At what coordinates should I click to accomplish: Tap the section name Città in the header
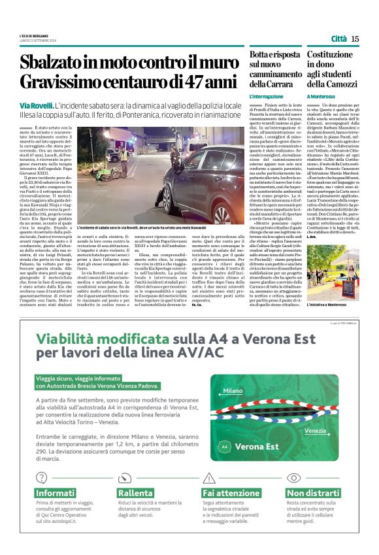338,39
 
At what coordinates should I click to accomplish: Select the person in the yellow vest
124,156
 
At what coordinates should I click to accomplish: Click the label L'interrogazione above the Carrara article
266,96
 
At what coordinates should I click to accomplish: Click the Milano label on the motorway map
233,391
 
